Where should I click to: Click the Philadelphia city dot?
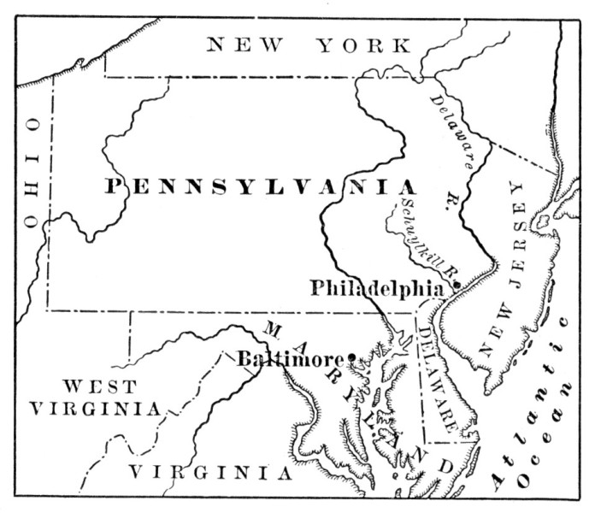coord(457,284)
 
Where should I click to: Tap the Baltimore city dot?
coord(351,357)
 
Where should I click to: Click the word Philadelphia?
coord(376,288)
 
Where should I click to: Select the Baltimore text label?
coord(290,358)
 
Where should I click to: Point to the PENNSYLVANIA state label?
coord(261,187)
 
